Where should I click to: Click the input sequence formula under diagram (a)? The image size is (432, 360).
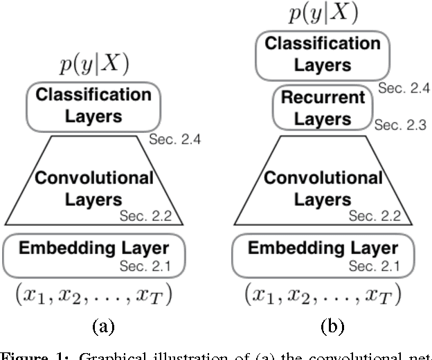pos(93,294)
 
